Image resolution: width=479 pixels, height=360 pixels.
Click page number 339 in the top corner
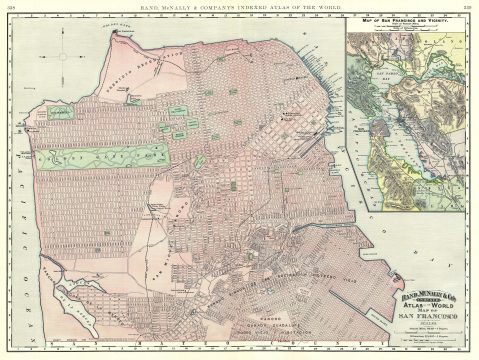click(x=467, y=6)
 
